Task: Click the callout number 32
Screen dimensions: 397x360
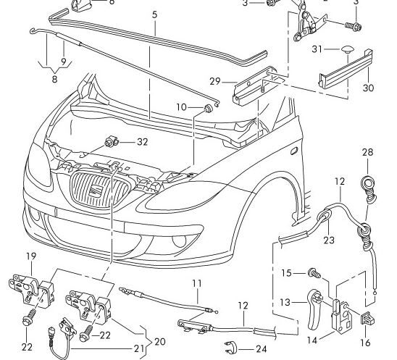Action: [x=142, y=142]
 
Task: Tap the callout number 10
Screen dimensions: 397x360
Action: [x=182, y=107]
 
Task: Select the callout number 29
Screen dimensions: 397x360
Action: [x=215, y=81]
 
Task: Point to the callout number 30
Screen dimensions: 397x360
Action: [x=369, y=88]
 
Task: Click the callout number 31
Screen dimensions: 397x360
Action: [x=317, y=49]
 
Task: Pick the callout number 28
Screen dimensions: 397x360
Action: [x=367, y=152]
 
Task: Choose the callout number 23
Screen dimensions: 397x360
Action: [x=329, y=240]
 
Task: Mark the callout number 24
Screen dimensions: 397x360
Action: [x=262, y=349]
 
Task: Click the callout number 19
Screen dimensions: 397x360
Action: [x=31, y=256]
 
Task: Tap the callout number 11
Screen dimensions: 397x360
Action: [x=197, y=283]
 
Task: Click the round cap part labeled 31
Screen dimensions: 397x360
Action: [x=346, y=50]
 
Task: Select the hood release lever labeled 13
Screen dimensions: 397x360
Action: [x=314, y=309]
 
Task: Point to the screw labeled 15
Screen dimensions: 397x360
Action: [x=314, y=273]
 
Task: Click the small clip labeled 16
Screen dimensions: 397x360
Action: [x=367, y=318]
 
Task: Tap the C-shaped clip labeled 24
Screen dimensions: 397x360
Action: [x=230, y=348]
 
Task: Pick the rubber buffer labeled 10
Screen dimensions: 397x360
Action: [x=208, y=109]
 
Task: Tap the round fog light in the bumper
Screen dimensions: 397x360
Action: [x=179, y=240]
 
